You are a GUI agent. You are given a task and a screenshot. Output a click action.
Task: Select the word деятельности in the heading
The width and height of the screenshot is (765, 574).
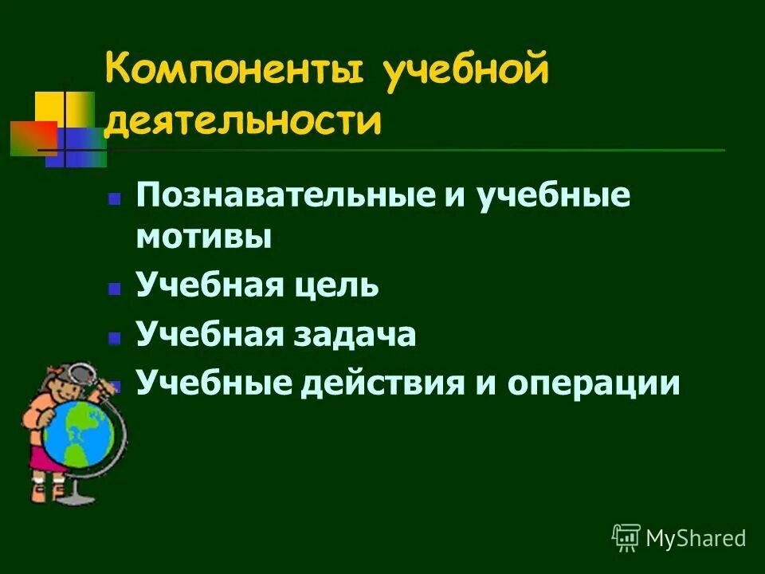click(242, 122)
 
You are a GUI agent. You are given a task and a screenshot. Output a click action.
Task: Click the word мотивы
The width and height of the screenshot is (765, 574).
click(204, 237)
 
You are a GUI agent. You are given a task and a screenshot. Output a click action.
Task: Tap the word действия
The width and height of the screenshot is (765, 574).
click(382, 383)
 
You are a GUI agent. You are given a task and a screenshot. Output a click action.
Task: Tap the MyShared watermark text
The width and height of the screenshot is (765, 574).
click(695, 538)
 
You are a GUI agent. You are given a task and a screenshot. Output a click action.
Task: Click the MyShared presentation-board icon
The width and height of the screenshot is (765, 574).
click(626, 538)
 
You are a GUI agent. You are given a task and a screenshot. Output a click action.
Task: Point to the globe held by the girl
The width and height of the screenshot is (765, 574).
click(79, 435)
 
